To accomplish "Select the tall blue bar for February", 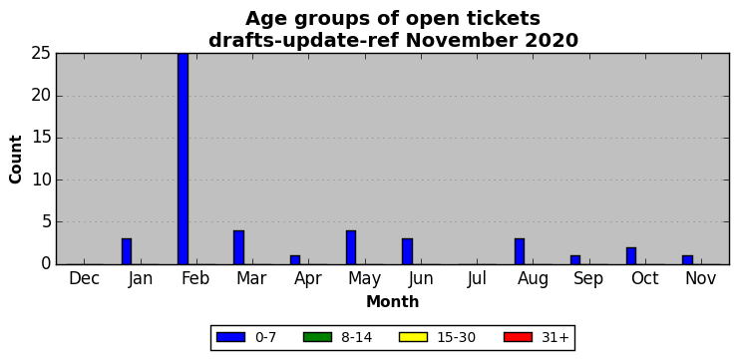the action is (x=183, y=159).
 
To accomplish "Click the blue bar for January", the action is (x=127, y=251).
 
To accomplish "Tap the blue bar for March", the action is (x=239, y=247).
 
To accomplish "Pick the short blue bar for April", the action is (x=295, y=259).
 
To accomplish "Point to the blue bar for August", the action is (x=520, y=251).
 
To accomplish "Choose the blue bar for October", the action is (x=631, y=256).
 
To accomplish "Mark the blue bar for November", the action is (x=687, y=259).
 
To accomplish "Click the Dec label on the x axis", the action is (x=85, y=279).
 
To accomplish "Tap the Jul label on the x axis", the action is (x=477, y=279).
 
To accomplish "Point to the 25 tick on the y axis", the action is (x=42, y=54).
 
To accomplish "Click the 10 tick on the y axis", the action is (x=42, y=180).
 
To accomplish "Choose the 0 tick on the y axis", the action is (x=46, y=264).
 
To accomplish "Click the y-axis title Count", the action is (x=16, y=160).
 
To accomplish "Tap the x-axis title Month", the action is (x=393, y=301).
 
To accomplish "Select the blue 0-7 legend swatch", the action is (x=231, y=337).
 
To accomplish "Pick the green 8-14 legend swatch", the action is (x=317, y=337).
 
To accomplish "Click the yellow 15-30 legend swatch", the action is (x=413, y=337).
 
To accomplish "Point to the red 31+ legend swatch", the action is (x=518, y=337).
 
